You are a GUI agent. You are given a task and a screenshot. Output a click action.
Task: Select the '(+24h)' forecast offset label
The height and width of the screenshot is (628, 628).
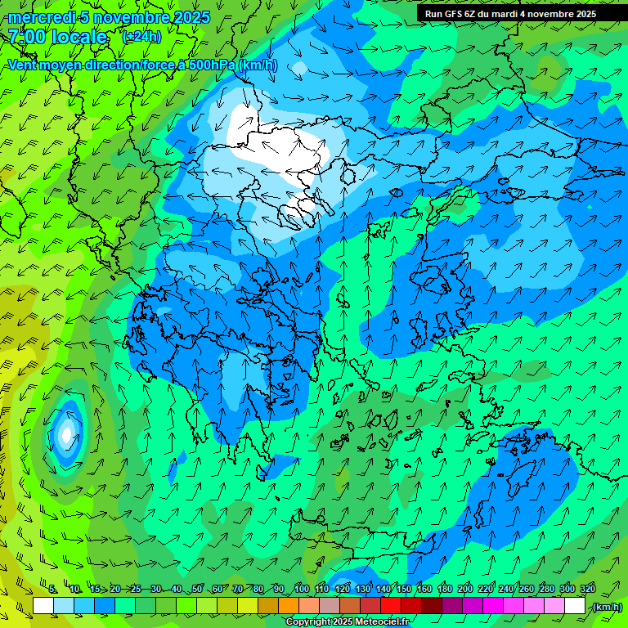141,37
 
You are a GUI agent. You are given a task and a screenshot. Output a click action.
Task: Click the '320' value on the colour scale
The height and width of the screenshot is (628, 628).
587,590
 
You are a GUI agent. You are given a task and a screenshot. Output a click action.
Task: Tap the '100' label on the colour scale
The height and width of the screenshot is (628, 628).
301,590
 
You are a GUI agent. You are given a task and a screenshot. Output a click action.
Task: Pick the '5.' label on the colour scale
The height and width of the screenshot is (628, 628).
53,590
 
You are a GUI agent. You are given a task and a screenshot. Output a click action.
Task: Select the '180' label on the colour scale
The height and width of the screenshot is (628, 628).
445,590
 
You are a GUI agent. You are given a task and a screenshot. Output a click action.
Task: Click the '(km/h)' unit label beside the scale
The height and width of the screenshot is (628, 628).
607,607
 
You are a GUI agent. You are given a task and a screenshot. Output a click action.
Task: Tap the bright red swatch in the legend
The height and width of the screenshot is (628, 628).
391,606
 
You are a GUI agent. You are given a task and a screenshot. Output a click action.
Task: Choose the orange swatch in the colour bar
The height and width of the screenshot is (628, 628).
289,606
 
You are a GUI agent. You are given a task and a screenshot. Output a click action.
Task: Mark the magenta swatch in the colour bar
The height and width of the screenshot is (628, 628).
493,606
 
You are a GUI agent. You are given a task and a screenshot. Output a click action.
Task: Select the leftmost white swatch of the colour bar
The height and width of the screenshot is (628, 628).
43,606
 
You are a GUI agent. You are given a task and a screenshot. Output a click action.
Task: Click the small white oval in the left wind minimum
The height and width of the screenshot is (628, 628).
66,434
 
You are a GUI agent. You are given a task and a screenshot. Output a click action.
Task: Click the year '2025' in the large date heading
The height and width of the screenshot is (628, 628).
191,17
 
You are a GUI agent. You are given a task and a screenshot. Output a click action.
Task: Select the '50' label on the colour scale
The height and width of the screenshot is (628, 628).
197,590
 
